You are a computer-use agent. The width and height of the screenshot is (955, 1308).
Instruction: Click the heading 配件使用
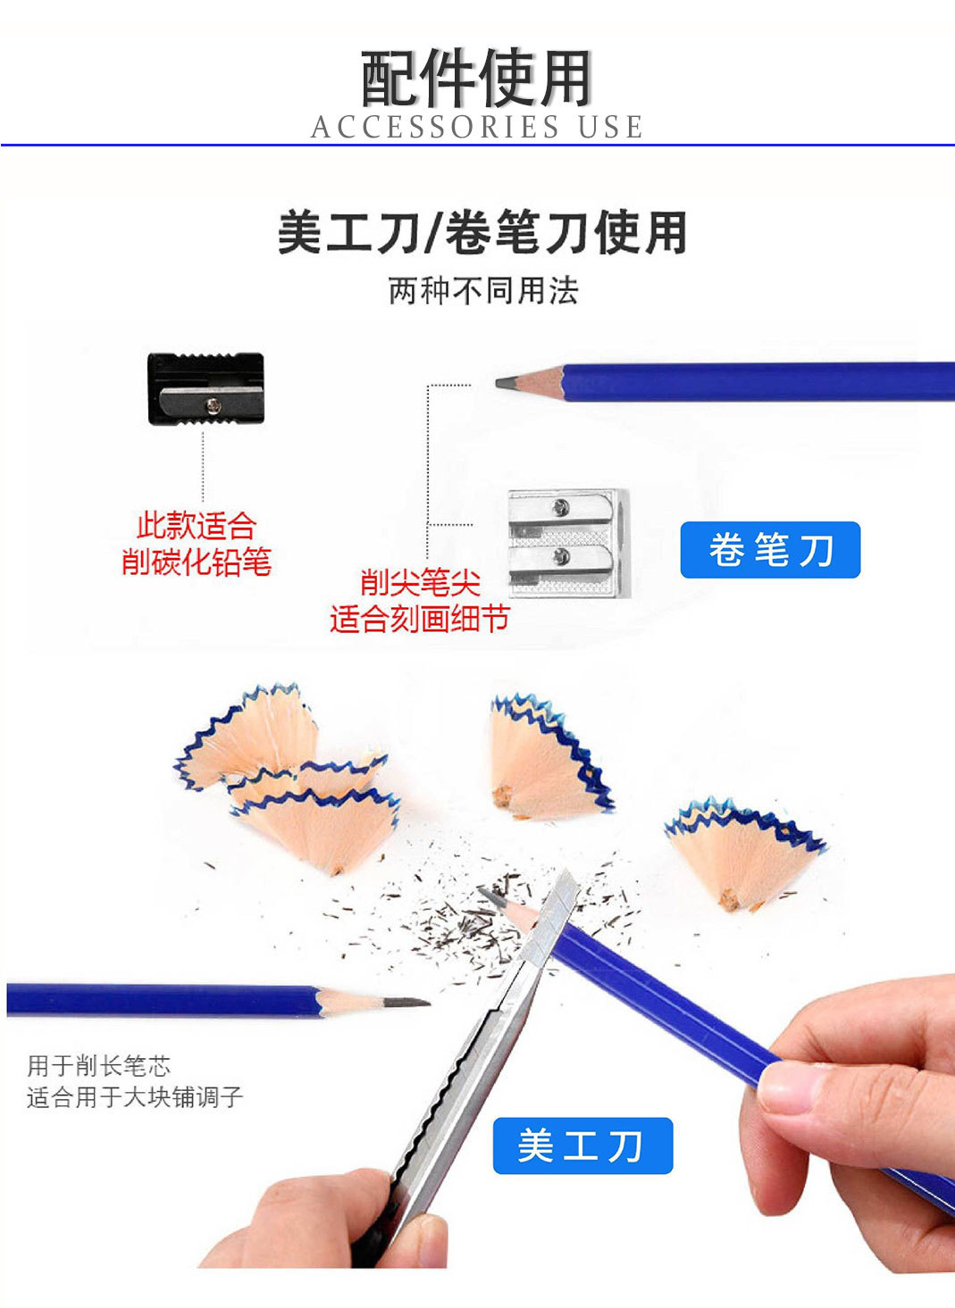[477, 79]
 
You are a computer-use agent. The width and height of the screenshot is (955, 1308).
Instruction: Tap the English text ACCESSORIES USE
[477, 128]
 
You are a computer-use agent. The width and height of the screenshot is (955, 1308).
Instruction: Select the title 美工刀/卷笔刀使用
[482, 232]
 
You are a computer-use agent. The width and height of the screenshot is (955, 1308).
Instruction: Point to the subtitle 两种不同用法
[483, 291]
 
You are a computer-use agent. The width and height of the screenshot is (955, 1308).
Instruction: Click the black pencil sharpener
[206, 388]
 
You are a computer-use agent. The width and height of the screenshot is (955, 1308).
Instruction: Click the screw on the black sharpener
[214, 405]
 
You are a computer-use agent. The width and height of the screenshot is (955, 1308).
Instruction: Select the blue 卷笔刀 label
[770, 550]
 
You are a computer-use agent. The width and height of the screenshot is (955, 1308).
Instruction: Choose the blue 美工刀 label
[582, 1146]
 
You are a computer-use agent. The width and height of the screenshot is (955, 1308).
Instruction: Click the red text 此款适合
[197, 526]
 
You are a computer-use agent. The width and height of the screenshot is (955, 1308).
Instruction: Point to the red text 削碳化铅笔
[197, 562]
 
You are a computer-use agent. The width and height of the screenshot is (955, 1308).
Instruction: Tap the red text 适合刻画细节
[419, 618]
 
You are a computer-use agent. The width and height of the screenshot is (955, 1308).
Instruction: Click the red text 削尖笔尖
[420, 583]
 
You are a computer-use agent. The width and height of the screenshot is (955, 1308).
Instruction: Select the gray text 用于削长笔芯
[98, 1065]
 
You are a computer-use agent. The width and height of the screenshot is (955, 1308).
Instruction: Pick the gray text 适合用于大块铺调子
[135, 1096]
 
